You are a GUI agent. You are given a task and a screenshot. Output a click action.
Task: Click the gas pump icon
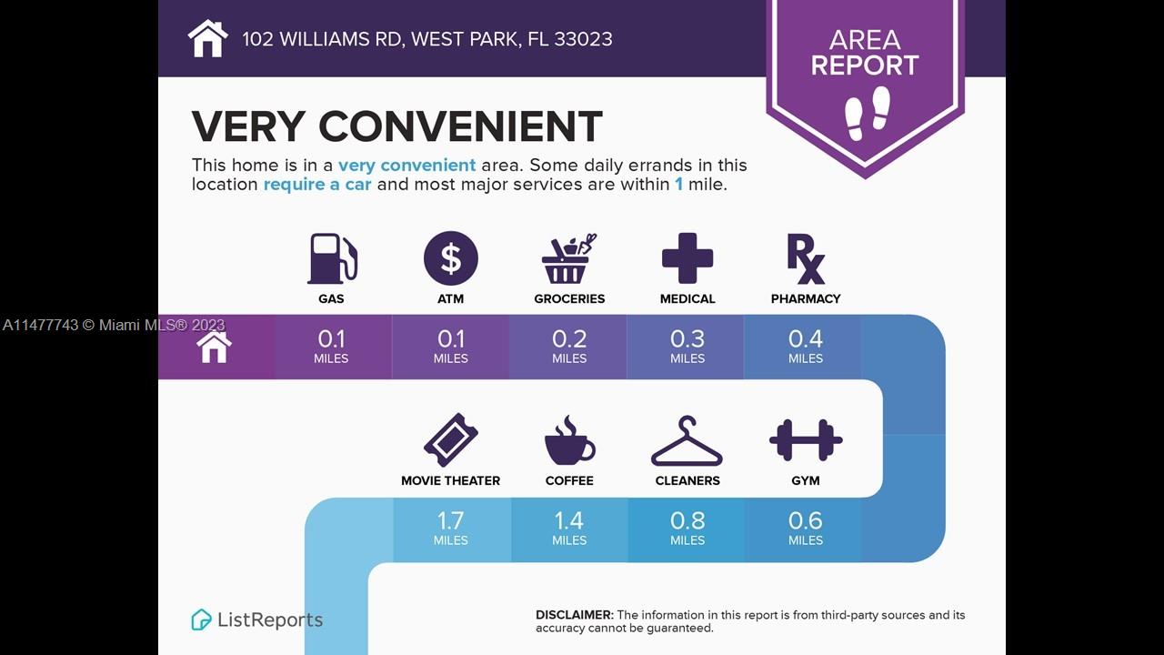pos(332,258)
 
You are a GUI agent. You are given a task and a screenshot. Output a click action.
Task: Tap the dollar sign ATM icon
pos(450,258)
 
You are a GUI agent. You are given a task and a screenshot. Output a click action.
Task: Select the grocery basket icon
pos(568,258)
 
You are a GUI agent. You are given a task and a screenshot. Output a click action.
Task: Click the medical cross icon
pos(687,258)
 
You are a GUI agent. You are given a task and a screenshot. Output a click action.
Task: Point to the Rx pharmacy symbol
pos(806,259)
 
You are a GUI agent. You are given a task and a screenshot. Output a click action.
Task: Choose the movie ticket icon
pos(450,439)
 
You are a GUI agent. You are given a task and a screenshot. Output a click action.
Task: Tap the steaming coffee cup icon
pos(569,439)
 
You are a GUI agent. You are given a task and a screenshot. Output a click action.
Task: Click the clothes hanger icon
pos(687,441)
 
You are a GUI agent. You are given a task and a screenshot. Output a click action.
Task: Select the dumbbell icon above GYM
pos(806,439)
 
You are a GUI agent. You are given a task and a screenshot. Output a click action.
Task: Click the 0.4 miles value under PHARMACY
pos(806,347)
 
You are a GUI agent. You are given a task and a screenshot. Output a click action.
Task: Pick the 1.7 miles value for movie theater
pos(450,529)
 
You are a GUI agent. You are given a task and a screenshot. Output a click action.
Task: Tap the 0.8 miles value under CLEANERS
pos(687,529)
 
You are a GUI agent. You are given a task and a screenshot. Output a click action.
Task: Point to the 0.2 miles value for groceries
pos(569,347)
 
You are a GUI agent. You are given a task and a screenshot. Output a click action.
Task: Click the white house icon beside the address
pos(208,38)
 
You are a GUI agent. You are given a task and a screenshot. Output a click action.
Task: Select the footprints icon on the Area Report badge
pos(868,114)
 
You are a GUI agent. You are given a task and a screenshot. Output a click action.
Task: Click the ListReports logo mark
pos(201,620)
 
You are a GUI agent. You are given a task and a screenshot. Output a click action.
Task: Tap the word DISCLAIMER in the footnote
pos(575,615)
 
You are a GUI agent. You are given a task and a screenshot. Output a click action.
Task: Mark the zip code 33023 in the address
pos(583,39)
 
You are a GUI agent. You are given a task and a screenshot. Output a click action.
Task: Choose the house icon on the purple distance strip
pos(214,347)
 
